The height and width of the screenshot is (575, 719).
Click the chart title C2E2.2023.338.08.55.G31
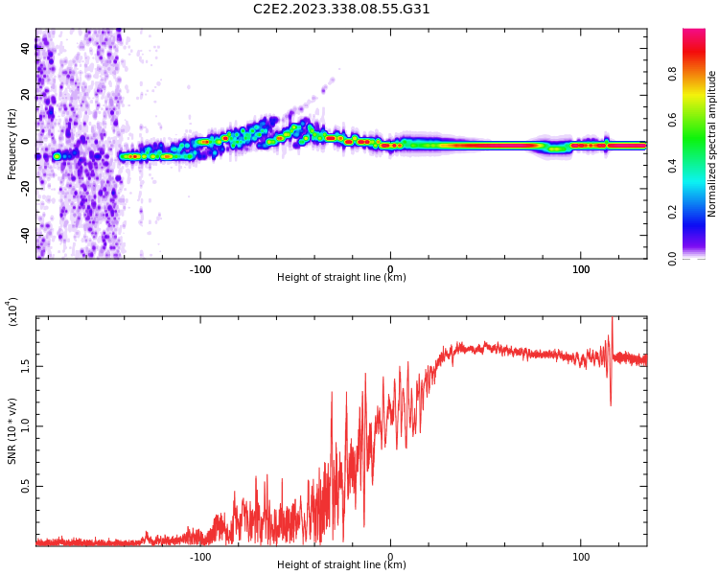point(341,9)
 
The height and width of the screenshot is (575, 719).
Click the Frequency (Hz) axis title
point(12,144)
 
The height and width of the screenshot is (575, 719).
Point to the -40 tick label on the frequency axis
point(25,235)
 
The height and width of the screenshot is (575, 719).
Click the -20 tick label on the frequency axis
point(25,188)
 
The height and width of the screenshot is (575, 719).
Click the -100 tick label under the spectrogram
point(199,269)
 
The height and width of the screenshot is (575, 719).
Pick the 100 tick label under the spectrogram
point(581,269)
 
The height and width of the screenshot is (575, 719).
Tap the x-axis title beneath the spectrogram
point(341,278)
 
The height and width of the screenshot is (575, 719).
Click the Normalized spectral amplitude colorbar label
point(712,144)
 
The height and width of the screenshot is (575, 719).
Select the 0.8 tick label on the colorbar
point(699,73)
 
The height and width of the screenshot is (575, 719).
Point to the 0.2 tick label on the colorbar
point(699,212)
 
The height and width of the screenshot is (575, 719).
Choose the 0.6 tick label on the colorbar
point(699,119)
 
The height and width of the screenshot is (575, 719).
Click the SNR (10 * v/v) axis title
point(12,431)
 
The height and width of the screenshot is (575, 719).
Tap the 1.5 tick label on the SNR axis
point(25,366)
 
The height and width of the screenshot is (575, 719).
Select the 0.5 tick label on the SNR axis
point(25,486)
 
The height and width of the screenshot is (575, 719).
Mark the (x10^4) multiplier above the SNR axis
point(12,311)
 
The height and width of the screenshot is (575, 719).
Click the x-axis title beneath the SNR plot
point(341,565)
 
